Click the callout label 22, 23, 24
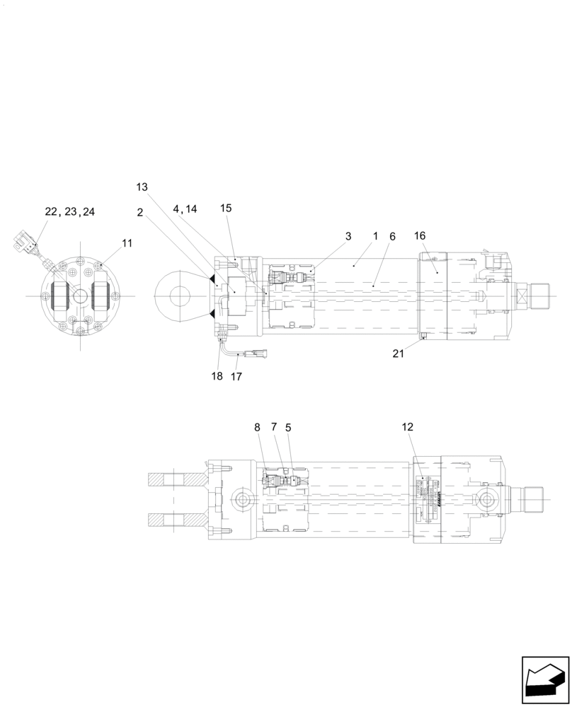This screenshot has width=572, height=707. pyautogui.click(x=70, y=211)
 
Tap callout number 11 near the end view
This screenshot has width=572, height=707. pyautogui.click(x=127, y=243)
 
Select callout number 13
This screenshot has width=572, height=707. pyautogui.click(x=142, y=187)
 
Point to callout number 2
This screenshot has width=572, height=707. pyautogui.click(x=140, y=211)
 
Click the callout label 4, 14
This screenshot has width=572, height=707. pyautogui.click(x=185, y=209)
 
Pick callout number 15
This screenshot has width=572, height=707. pyautogui.click(x=225, y=209)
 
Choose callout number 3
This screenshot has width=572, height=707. pyautogui.click(x=348, y=236)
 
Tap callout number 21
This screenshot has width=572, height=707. pyautogui.click(x=399, y=353)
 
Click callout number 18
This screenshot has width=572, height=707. pyautogui.click(x=217, y=376)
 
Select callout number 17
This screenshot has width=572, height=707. pyautogui.click(x=236, y=376)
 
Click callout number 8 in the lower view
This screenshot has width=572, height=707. pyautogui.click(x=257, y=427)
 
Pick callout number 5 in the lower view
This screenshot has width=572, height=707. pyautogui.click(x=288, y=427)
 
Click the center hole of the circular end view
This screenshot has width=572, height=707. pyautogui.click(x=81, y=296)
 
